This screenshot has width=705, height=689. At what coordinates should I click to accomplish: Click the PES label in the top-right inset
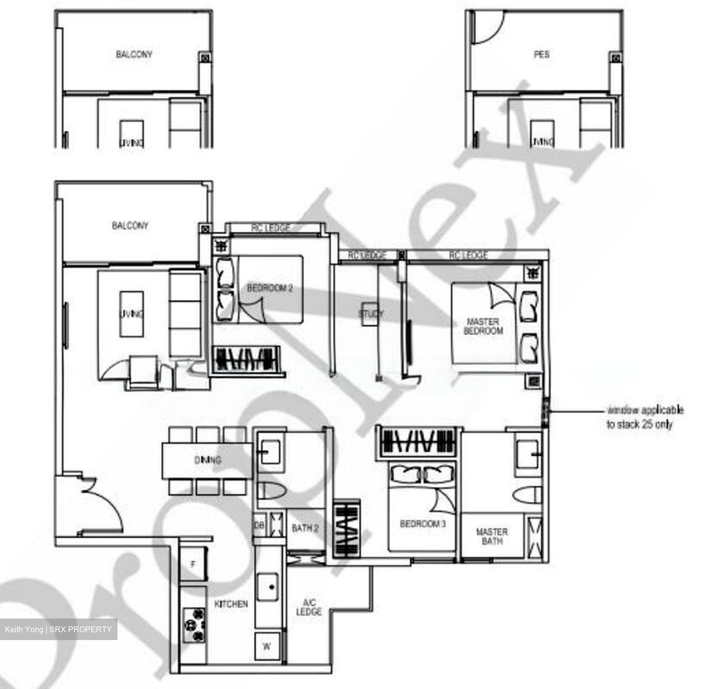pyautogui.click(x=541, y=54)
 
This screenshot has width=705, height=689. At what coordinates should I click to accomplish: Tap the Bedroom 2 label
pyautogui.click(x=270, y=288)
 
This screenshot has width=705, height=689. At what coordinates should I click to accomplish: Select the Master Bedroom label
pyautogui.click(x=483, y=326)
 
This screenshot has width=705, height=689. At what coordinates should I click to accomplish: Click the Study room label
pyautogui.click(x=371, y=313)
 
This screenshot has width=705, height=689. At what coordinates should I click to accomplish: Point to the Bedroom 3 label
pyautogui.click(x=423, y=524)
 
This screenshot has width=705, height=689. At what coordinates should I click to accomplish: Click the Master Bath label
pyautogui.click(x=492, y=536)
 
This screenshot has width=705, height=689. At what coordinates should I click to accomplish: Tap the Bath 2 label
pyautogui.click(x=305, y=528)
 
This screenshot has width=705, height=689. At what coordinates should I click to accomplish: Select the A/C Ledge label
pyautogui.click(x=309, y=607)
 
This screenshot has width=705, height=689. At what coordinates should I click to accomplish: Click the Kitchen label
pyautogui.click(x=231, y=604)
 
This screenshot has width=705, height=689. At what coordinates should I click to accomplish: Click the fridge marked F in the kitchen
pyautogui.click(x=193, y=565)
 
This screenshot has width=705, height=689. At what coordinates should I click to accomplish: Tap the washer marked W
pyautogui.click(x=267, y=646)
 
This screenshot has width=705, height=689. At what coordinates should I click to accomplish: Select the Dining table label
pyautogui.click(x=208, y=460)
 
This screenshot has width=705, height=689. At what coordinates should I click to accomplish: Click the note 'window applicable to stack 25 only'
pyautogui.click(x=644, y=417)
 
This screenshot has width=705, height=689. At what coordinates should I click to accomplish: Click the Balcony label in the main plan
pyautogui.click(x=130, y=226)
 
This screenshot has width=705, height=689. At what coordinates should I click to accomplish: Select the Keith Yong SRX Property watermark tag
pyautogui.click(x=58, y=629)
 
